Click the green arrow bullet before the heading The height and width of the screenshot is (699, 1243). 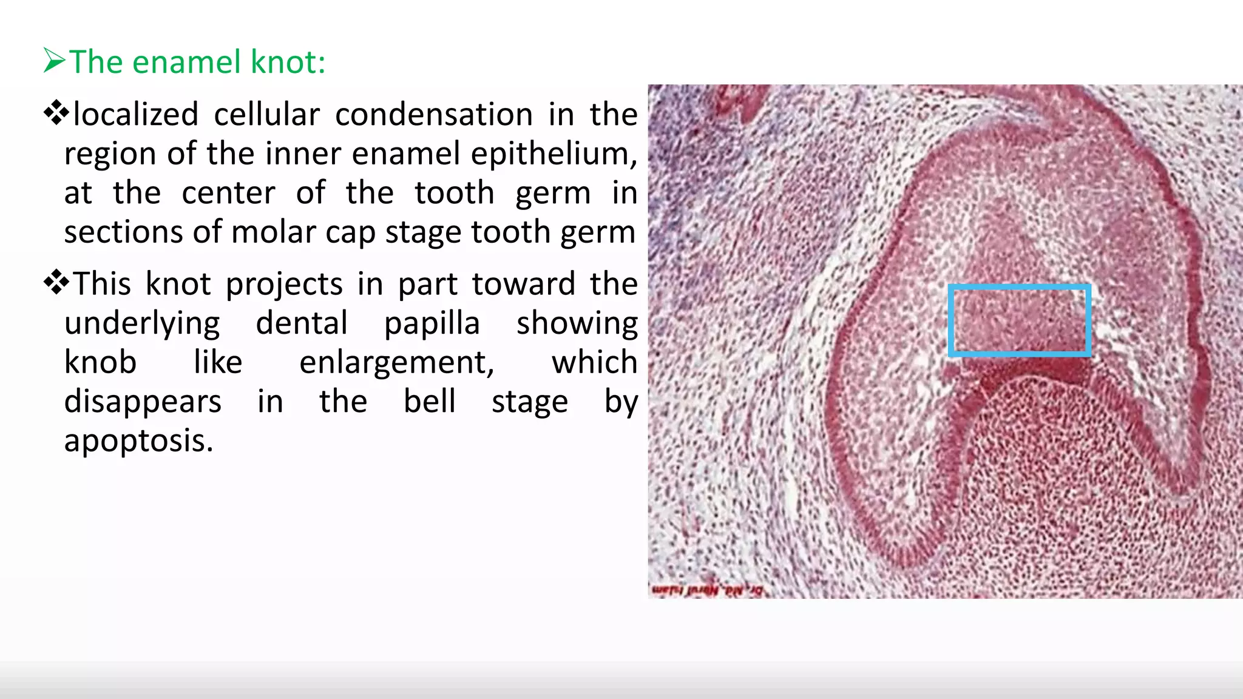tap(55, 61)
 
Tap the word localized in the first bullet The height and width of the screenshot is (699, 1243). tap(135, 114)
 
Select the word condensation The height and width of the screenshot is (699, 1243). tap(434, 114)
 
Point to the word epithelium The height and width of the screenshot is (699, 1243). tap(554, 154)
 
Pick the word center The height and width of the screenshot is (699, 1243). tap(228, 193)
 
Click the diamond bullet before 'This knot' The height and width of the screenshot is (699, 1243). tap(56, 282)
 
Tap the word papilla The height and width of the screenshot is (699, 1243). tap(432, 323)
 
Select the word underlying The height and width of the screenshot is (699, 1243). tap(142, 324)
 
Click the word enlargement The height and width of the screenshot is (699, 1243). tap(397, 363)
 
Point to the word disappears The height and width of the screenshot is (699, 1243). tap(143, 402)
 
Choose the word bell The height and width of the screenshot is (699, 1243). tap(430, 401)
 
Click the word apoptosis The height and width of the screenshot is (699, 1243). tap(138, 441)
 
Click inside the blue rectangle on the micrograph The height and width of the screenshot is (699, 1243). tap(1019, 320)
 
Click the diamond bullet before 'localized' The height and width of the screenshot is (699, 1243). tap(56, 113)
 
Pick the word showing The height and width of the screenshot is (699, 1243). tap(577, 323)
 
